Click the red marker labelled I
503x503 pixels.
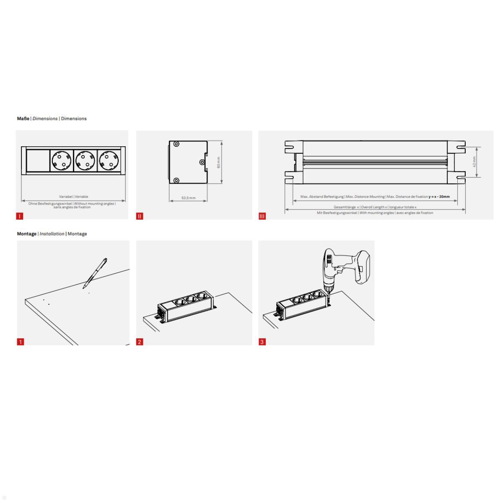pos(20,216)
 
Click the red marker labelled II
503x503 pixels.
pos(140,216)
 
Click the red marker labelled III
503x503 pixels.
pos(262,216)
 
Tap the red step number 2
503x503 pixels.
pos(140,342)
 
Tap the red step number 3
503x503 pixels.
pos(262,342)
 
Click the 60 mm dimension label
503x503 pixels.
pos(218,162)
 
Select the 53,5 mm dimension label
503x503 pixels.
pos(188,198)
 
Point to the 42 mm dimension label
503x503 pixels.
pos(474,161)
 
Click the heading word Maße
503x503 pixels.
pos(23,119)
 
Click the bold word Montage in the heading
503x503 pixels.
pos(26,234)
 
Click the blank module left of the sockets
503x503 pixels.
pos(37,161)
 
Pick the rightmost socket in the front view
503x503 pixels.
pos(109,161)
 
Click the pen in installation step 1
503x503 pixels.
pos(96,272)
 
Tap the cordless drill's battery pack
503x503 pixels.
pos(364,267)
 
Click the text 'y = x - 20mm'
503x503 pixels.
pos(439,197)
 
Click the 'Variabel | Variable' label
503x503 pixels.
pos(73,197)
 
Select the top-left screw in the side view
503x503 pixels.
pos(176,144)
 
